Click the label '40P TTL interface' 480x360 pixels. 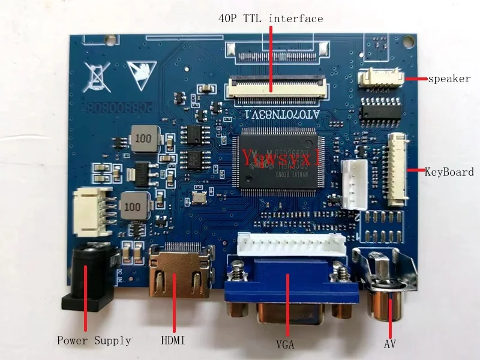click(271, 19)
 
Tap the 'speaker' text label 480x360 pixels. click(449, 79)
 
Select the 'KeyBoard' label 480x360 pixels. click(449, 172)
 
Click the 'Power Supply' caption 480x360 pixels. click(94, 341)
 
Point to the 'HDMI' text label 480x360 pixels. click(173, 341)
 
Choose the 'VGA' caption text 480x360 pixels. click(286, 345)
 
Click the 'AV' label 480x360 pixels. click(390, 345)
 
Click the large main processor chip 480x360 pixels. click(281, 159)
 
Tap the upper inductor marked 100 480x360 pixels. click(143, 138)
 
